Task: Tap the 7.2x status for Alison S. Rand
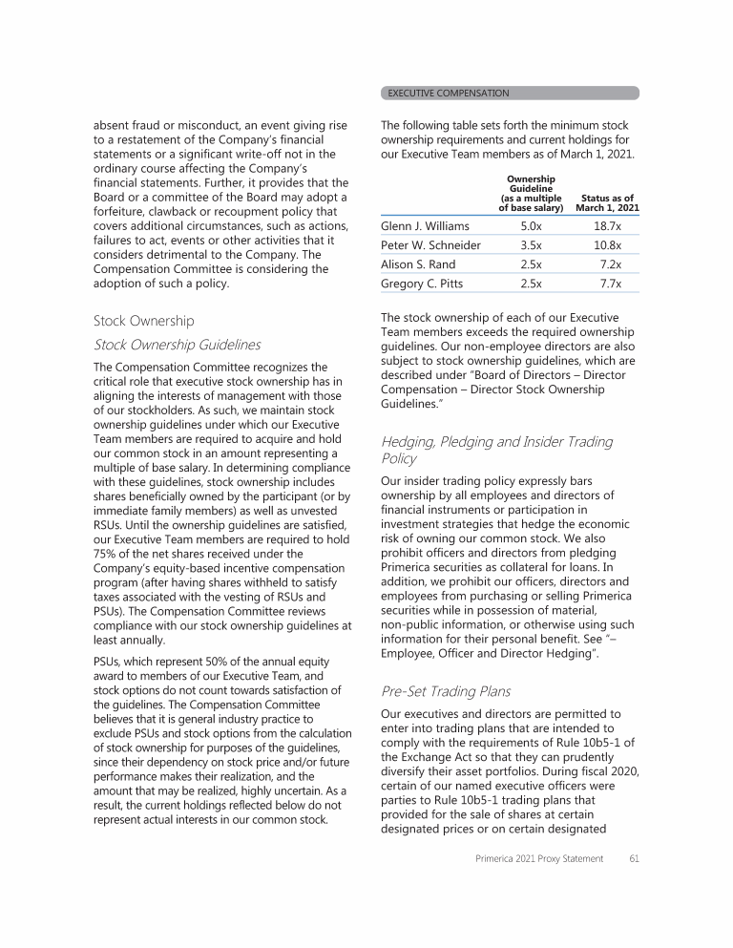click(x=610, y=264)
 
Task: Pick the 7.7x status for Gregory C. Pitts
click(x=610, y=284)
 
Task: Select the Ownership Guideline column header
click(x=531, y=194)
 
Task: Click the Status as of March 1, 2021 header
click(x=608, y=203)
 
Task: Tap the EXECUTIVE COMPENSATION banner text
click(x=449, y=94)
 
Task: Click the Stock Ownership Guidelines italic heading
click(x=177, y=345)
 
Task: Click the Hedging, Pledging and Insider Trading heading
click(x=496, y=442)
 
